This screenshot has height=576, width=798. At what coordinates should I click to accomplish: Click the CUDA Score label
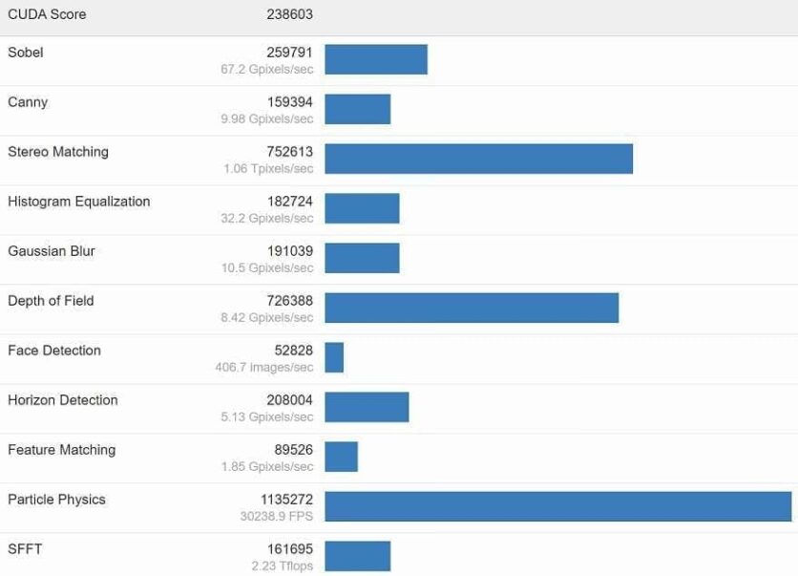[x=47, y=14]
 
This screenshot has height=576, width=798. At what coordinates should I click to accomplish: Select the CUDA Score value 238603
[x=289, y=14]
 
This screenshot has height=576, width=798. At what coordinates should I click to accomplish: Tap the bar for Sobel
[x=376, y=59]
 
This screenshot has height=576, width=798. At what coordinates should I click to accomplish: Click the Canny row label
[x=28, y=102]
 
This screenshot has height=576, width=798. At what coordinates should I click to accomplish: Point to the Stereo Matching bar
[x=478, y=159]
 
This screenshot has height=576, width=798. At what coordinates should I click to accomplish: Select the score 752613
[x=289, y=152]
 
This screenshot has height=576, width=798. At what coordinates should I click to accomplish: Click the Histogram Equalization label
[x=79, y=202]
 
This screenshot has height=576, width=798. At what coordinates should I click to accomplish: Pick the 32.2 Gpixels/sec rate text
[x=267, y=219]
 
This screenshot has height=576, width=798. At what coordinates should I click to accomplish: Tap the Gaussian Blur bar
[x=362, y=258]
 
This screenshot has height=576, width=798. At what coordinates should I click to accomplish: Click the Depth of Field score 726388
[x=289, y=301]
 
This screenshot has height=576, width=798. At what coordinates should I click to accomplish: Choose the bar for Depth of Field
[x=472, y=308]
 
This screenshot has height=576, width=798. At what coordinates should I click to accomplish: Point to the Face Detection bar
[x=334, y=357]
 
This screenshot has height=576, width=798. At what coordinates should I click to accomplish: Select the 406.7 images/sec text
[x=264, y=368]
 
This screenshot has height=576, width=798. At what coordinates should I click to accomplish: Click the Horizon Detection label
[x=63, y=400]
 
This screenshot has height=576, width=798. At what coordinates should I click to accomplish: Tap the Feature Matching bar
[x=341, y=457]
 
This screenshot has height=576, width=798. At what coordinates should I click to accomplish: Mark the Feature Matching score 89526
[x=293, y=450]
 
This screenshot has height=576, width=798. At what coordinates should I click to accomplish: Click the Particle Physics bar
[x=557, y=506]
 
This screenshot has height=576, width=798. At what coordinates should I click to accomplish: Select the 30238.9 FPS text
[x=277, y=516]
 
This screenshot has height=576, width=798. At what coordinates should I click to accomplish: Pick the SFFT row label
[x=25, y=549]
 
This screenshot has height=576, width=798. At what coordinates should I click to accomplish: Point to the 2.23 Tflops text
[x=283, y=566]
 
